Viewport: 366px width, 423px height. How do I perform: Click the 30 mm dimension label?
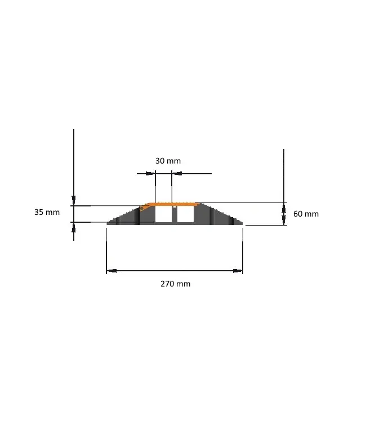168,161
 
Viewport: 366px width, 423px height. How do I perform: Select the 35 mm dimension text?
47,212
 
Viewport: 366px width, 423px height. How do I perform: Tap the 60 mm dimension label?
306,214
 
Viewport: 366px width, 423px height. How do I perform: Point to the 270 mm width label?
175,284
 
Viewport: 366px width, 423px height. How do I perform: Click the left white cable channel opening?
163,214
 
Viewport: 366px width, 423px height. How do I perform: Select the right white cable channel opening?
185,214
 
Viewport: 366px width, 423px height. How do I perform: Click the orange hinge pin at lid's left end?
142,208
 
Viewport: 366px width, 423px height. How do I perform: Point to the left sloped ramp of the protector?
123,217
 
